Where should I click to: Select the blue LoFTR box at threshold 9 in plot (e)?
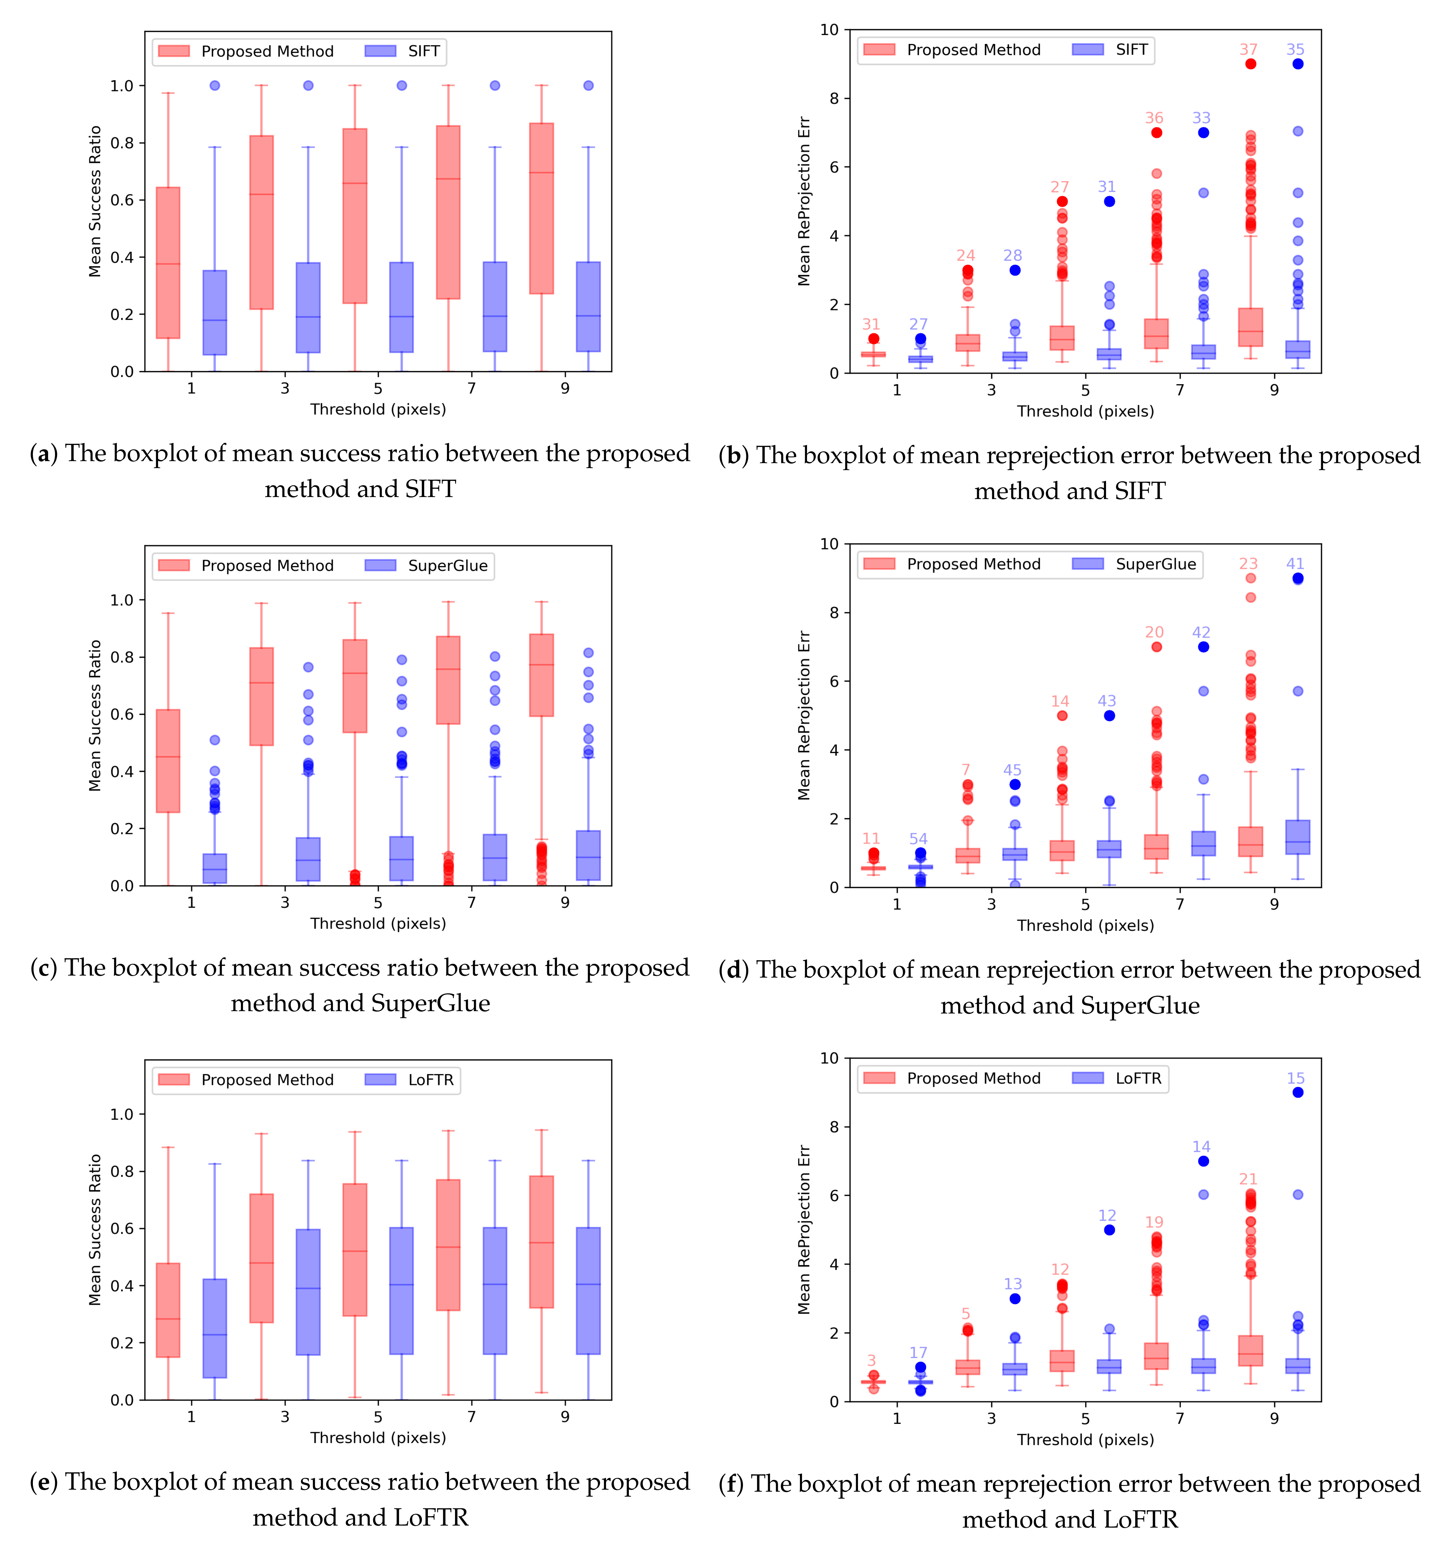click(x=588, y=1291)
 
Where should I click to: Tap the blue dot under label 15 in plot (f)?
click(x=1298, y=1093)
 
